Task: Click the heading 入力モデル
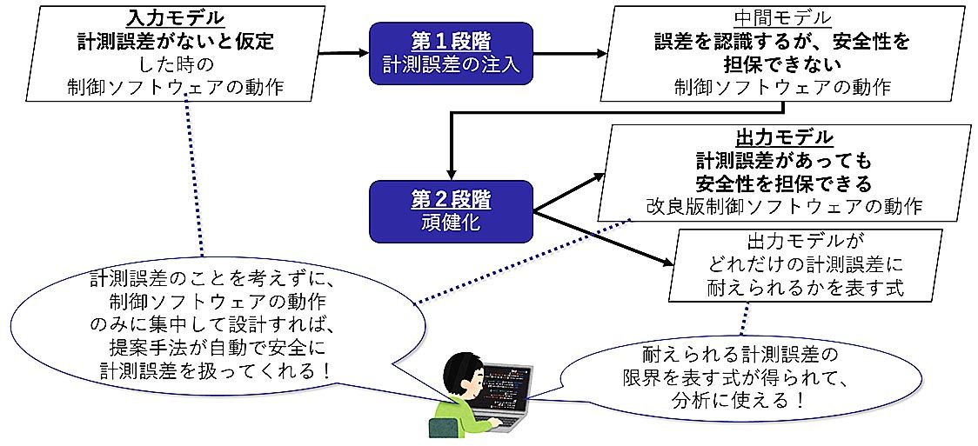[175, 18]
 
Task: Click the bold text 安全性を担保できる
[784, 183]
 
